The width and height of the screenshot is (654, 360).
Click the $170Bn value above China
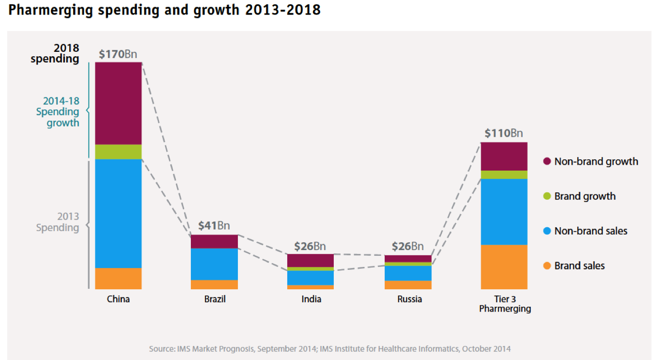click(x=118, y=54)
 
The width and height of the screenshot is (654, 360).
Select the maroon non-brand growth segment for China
click(x=118, y=103)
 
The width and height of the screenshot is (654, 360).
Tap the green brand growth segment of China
click(x=118, y=152)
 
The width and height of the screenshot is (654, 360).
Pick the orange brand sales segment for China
click(x=118, y=279)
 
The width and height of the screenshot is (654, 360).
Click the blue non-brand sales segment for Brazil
click(x=214, y=264)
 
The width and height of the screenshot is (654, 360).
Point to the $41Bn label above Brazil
click(x=214, y=226)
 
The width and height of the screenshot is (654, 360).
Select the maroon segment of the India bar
click(x=311, y=260)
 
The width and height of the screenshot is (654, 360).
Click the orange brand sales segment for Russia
click(x=408, y=285)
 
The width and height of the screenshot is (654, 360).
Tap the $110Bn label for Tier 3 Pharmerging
click(x=504, y=134)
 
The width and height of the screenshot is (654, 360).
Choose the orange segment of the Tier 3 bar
click(x=504, y=267)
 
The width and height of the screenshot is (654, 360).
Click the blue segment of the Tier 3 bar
click(x=504, y=212)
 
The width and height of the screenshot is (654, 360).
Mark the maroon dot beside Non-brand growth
click(x=547, y=161)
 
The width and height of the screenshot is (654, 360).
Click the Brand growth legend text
click(x=585, y=196)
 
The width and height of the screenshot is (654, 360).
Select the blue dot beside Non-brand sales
click(x=547, y=231)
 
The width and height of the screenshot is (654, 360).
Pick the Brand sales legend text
click(x=579, y=266)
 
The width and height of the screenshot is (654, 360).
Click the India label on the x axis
click(x=311, y=299)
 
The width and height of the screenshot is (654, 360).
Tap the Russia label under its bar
click(x=409, y=299)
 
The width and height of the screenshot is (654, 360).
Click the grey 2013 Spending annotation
click(x=58, y=222)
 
